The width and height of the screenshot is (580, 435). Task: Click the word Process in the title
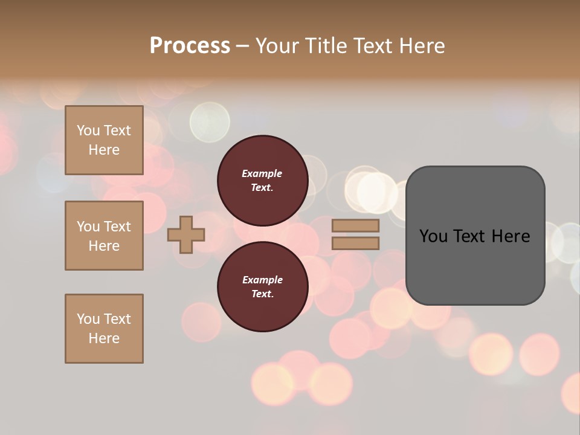coord(190,46)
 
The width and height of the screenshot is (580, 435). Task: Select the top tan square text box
coord(104,140)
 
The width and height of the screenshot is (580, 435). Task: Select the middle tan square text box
coord(104,236)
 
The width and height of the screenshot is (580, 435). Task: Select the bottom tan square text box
coord(104,329)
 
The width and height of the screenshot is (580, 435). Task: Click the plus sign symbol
coord(186,234)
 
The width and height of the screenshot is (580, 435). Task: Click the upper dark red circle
coord(262,180)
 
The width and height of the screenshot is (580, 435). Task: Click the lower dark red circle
coord(262,286)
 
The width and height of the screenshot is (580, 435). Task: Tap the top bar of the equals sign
coord(356,226)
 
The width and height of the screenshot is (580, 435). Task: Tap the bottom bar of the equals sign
coord(356,243)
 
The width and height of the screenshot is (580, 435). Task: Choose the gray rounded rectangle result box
coord(475,266)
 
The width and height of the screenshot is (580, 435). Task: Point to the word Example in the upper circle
coord(262,173)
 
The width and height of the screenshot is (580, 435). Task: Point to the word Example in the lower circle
coord(262,280)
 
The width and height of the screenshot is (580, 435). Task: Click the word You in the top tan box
coord(88,130)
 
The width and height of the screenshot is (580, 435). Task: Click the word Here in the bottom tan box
coord(104,338)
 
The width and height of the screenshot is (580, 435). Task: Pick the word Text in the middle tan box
coord(117,227)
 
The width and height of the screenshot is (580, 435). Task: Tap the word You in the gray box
coord(433,236)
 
